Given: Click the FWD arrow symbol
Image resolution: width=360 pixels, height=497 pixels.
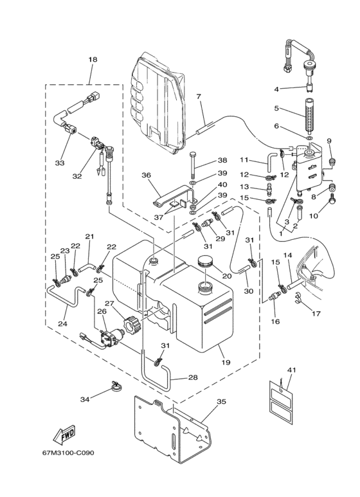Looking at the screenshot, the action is click(x=64, y=435).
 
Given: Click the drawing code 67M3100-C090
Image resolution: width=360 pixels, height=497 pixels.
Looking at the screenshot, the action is click(x=68, y=453).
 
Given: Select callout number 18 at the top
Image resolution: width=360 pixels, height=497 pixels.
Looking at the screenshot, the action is click(x=93, y=59).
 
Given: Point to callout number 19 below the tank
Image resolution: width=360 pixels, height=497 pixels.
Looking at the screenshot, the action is click(x=226, y=362).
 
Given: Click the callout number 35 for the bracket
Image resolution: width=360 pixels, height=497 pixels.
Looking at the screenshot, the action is click(x=222, y=402).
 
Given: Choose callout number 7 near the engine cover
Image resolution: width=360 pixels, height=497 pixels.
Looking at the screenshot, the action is click(x=199, y=96).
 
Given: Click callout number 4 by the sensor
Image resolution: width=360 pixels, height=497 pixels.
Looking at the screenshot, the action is click(x=276, y=89).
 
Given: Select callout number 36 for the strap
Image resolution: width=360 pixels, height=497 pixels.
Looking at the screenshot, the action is click(x=147, y=175).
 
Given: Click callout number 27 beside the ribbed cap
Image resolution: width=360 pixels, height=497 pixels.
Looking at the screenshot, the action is click(x=109, y=303).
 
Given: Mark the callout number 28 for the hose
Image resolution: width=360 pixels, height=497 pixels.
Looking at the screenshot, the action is click(x=193, y=377).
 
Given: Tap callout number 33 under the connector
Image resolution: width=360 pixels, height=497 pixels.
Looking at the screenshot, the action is click(x=60, y=163).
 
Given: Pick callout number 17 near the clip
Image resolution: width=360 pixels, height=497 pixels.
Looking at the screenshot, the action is click(x=316, y=314).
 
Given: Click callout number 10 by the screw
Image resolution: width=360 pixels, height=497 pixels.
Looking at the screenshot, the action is click(x=313, y=216).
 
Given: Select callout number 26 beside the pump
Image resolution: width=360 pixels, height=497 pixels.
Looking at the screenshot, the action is click(x=102, y=312).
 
